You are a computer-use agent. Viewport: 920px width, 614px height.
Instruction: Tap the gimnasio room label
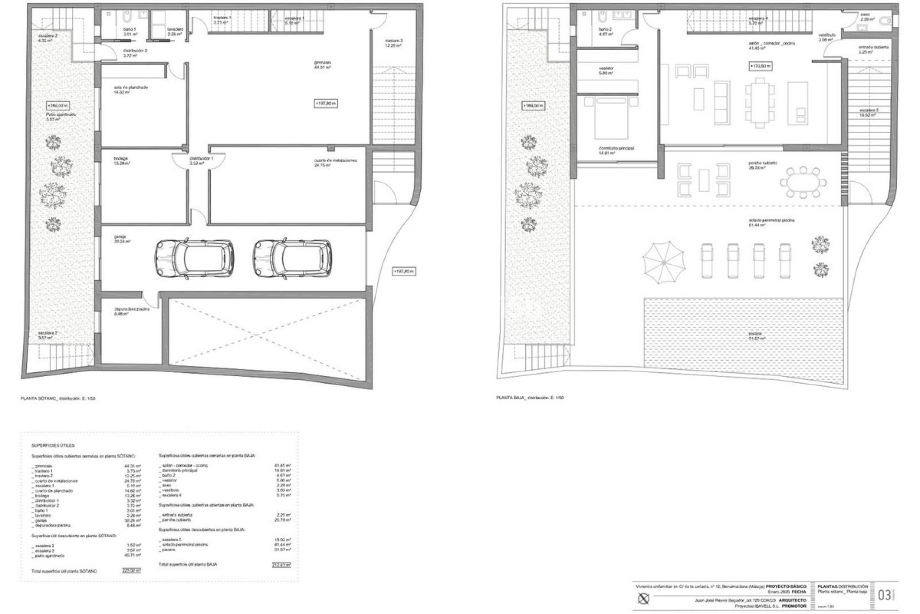322,63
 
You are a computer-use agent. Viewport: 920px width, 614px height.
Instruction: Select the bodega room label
121,158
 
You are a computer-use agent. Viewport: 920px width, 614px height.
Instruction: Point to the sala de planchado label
130,88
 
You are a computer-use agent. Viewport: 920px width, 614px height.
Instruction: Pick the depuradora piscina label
132,309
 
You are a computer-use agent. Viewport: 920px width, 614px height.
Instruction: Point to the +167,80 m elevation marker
403,272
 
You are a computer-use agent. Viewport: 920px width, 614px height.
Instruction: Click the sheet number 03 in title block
885,595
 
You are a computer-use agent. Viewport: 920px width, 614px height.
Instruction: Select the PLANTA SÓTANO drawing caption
58,398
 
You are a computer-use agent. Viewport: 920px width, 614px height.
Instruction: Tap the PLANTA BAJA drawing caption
530,398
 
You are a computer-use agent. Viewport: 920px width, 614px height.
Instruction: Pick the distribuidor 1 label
201,158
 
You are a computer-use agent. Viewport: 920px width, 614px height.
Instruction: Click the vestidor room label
606,68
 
